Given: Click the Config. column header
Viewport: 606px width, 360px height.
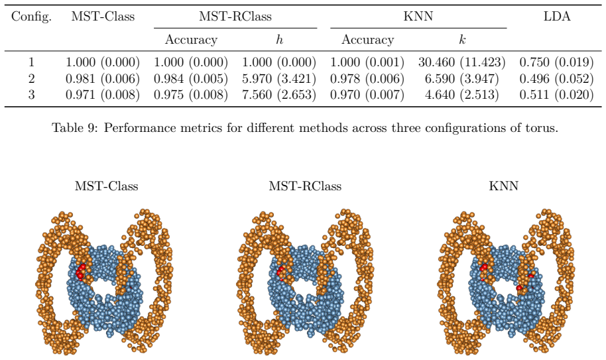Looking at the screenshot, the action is coord(31,17).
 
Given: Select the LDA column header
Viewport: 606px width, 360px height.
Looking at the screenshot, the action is coord(556,16).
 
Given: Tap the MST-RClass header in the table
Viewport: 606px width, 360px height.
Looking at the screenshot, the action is coord(235,16).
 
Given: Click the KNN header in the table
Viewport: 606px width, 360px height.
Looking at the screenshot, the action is coord(418,16).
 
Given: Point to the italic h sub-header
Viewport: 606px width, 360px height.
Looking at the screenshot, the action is coord(279,39).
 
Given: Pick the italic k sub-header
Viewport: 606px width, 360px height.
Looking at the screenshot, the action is coord(462,39).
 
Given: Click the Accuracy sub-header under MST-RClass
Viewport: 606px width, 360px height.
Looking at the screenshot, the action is coord(191,40).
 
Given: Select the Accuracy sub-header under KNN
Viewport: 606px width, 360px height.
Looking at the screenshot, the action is coord(367,40).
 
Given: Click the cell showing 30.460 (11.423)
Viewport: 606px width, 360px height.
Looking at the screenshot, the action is coord(462,62).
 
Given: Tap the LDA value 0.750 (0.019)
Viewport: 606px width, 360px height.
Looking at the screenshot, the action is coord(556,62).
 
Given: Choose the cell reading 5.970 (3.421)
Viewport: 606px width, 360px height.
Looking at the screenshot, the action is coord(279,79).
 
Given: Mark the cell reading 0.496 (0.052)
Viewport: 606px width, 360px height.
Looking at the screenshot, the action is coord(556,79).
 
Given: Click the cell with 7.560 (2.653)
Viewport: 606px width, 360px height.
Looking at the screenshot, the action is coord(279,95).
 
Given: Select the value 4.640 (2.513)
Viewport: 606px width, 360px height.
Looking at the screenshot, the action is coord(462,95).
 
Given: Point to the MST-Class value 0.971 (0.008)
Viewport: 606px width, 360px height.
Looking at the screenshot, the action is coord(103,95).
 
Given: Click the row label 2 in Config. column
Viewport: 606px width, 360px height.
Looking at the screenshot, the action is coord(31,79).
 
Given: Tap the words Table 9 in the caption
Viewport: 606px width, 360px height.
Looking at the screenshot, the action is coord(76,128).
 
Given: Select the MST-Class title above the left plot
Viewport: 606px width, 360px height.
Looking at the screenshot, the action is coord(106,186).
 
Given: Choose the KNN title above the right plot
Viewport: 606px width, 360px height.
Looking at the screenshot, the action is coord(504,186).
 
